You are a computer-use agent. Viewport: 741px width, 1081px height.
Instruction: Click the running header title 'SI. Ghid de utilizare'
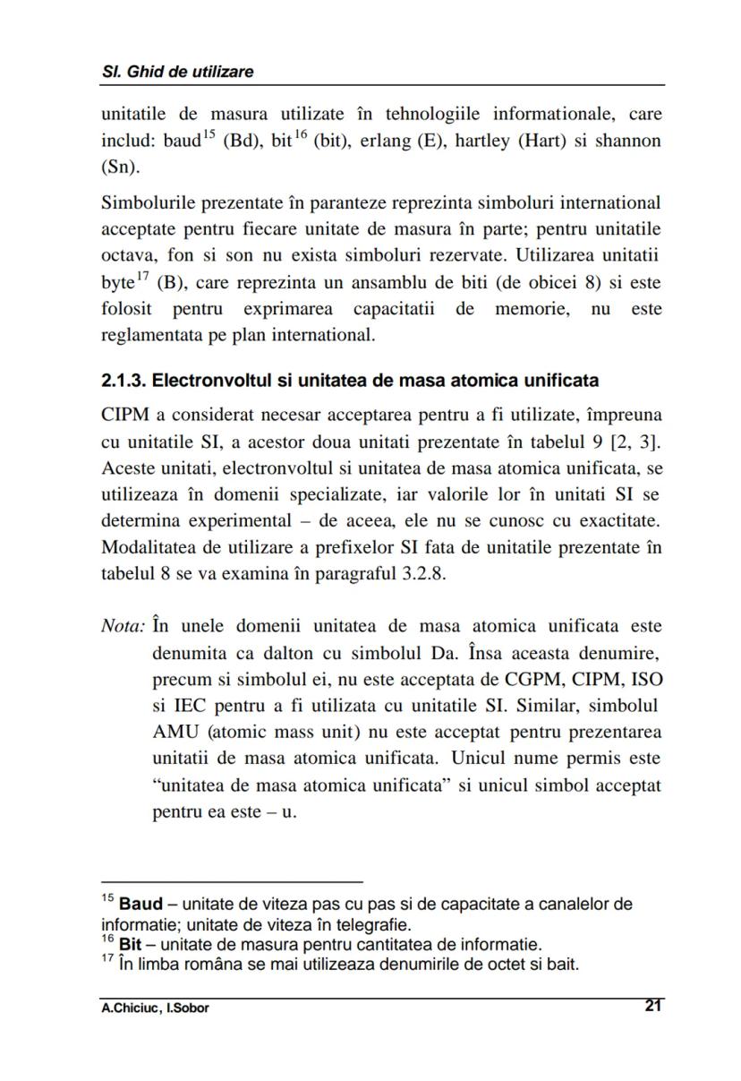(177, 72)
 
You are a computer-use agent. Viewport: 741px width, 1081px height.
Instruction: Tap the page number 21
(653, 1006)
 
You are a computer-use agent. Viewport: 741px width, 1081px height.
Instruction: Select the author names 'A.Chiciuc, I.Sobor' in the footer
(155, 1008)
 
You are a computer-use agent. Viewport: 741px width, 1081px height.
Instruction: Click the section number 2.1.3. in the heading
(123, 381)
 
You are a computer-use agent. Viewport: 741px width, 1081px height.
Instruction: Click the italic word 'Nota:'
(123, 626)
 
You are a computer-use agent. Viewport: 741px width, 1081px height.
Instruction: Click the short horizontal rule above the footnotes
(232, 881)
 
